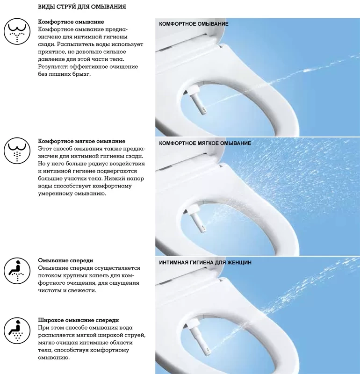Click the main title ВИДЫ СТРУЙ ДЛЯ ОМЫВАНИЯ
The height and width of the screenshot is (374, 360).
82,7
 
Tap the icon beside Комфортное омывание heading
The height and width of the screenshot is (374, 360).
17,31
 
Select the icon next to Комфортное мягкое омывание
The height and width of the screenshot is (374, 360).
17,151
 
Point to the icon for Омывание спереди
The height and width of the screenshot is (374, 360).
17,271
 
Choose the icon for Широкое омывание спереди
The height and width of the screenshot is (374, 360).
17,331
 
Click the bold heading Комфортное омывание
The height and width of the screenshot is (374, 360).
71,22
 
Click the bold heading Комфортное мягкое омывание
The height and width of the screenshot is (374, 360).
82,141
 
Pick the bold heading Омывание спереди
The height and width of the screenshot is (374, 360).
65,260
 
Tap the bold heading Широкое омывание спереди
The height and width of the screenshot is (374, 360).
79,320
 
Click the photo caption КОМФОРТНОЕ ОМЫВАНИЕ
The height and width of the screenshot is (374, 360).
194,24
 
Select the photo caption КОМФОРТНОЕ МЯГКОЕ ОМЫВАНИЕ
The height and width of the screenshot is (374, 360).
205,143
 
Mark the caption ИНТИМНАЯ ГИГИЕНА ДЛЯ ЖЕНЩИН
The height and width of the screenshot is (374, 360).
205,263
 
